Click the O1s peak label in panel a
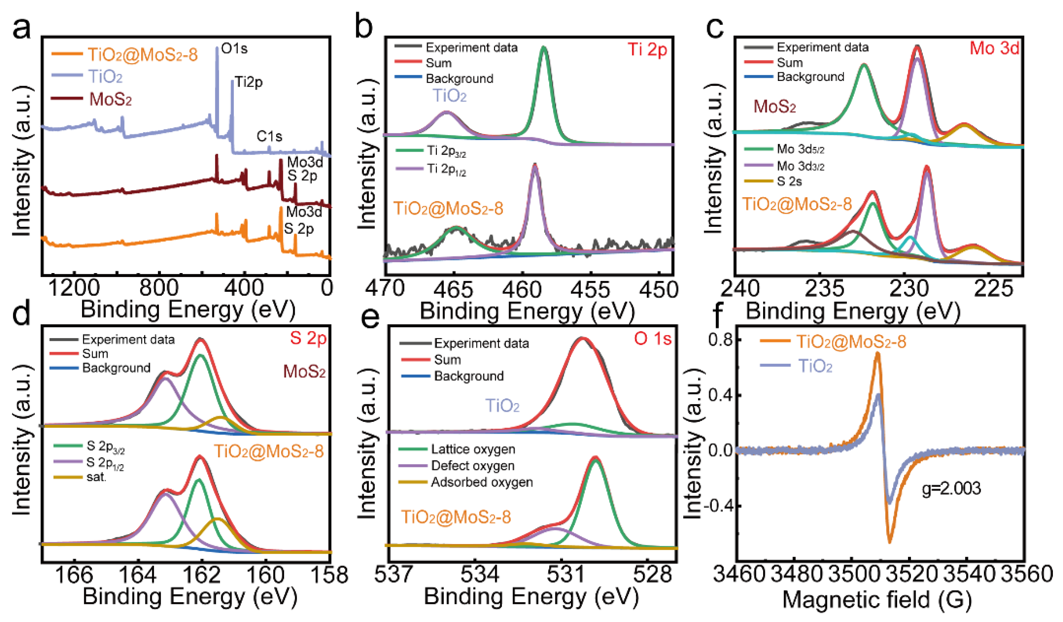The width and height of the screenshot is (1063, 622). [234, 49]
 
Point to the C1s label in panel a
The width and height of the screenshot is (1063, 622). [269, 136]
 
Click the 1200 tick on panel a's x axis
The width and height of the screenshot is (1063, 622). [74, 289]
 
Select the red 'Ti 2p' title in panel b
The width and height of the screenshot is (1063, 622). [647, 50]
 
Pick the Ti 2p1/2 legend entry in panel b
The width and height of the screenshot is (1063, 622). [446, 169]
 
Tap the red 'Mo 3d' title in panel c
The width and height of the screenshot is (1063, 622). [994, 48]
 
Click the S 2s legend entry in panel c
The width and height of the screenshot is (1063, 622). [789, 181]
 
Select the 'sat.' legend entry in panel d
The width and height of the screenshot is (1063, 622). [96, 478]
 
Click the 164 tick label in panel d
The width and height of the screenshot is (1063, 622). [138, 575]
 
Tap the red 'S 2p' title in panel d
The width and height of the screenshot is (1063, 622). [308, 338]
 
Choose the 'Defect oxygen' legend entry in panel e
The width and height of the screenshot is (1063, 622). [473, 466]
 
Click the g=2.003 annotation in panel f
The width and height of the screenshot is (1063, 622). [951, 489]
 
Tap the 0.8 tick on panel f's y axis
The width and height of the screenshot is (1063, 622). [720, 340]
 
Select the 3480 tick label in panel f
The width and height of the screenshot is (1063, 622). [796, 575]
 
